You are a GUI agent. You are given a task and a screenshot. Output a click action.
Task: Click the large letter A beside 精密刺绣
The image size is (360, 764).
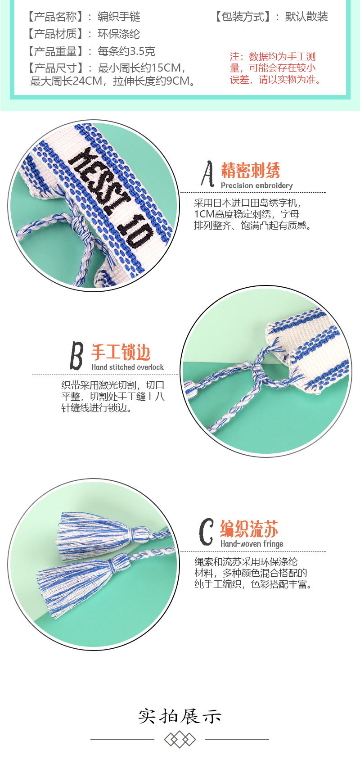(207, 174)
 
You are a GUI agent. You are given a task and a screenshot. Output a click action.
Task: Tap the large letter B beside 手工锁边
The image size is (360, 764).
(76, 355)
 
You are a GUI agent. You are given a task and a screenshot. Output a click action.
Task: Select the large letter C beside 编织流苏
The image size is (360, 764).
(206, 532)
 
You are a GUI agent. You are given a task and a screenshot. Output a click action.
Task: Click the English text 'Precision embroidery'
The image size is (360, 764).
(256, 185)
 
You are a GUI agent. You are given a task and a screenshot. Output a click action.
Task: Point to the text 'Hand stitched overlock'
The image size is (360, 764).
(127, 367)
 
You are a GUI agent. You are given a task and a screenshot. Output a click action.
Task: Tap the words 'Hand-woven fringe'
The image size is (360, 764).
(252, 544)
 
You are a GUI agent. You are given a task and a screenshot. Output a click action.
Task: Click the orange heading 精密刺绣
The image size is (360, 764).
(250, 170)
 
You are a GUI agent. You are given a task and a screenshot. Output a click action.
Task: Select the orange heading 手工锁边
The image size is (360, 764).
(121, 352)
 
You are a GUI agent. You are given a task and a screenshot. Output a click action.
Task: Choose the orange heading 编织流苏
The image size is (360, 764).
(249, 529)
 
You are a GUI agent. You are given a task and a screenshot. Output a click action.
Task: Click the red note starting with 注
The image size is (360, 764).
(274, 68)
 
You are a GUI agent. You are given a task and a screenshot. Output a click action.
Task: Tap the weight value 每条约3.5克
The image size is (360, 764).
(126, 51)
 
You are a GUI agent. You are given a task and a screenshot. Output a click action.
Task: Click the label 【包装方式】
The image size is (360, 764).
(243, 17)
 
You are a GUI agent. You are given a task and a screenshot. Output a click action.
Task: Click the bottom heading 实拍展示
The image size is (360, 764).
(180, 716)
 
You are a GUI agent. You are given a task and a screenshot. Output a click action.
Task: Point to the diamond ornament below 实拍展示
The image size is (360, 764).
(180, 739)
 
